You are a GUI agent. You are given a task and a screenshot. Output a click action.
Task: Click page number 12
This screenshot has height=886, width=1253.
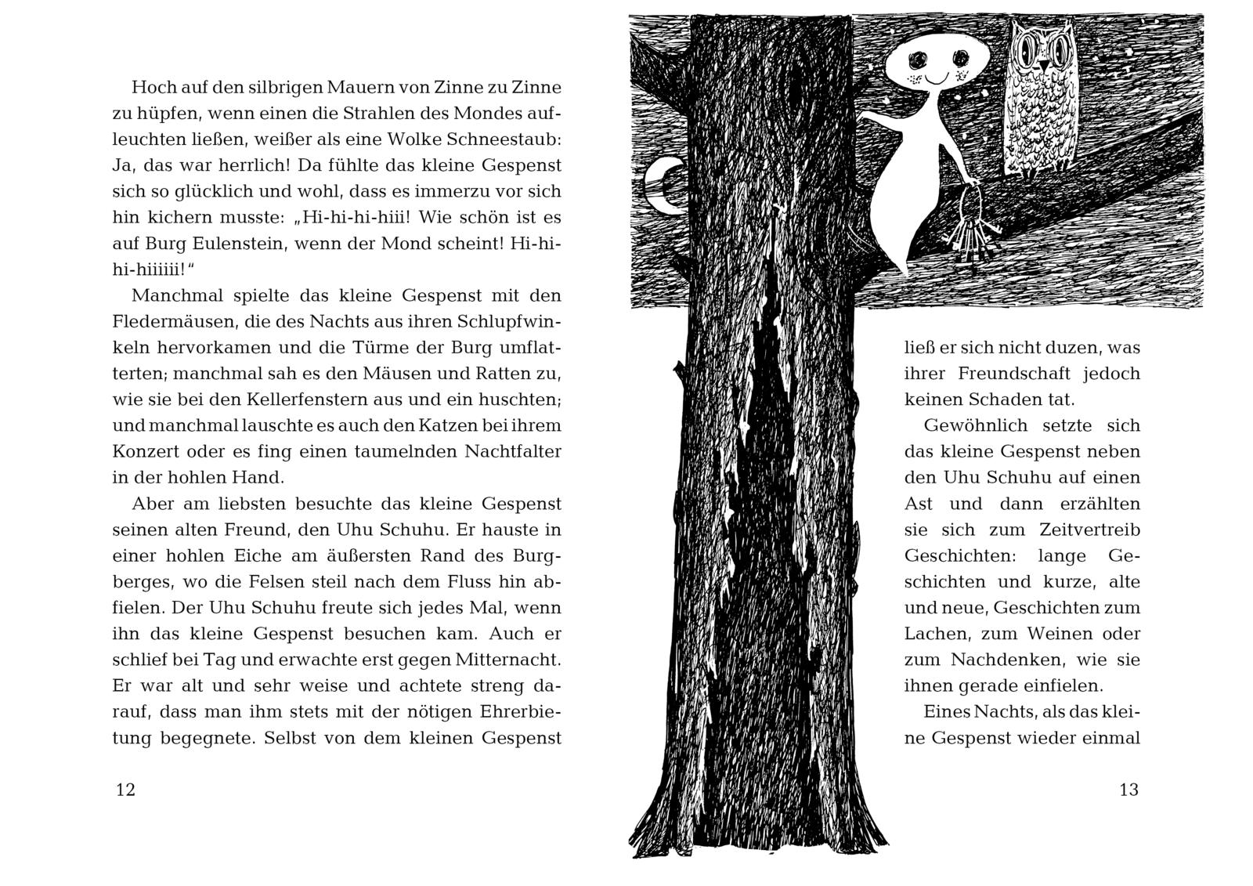(x=125, y=790)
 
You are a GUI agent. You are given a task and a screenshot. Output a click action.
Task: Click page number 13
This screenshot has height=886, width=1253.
(x=1128, y=790)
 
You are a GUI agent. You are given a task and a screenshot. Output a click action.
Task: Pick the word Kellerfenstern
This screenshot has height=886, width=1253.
(x=291, y=400)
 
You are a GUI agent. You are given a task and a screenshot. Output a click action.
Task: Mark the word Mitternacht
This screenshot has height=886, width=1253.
(x=506, y=660)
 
